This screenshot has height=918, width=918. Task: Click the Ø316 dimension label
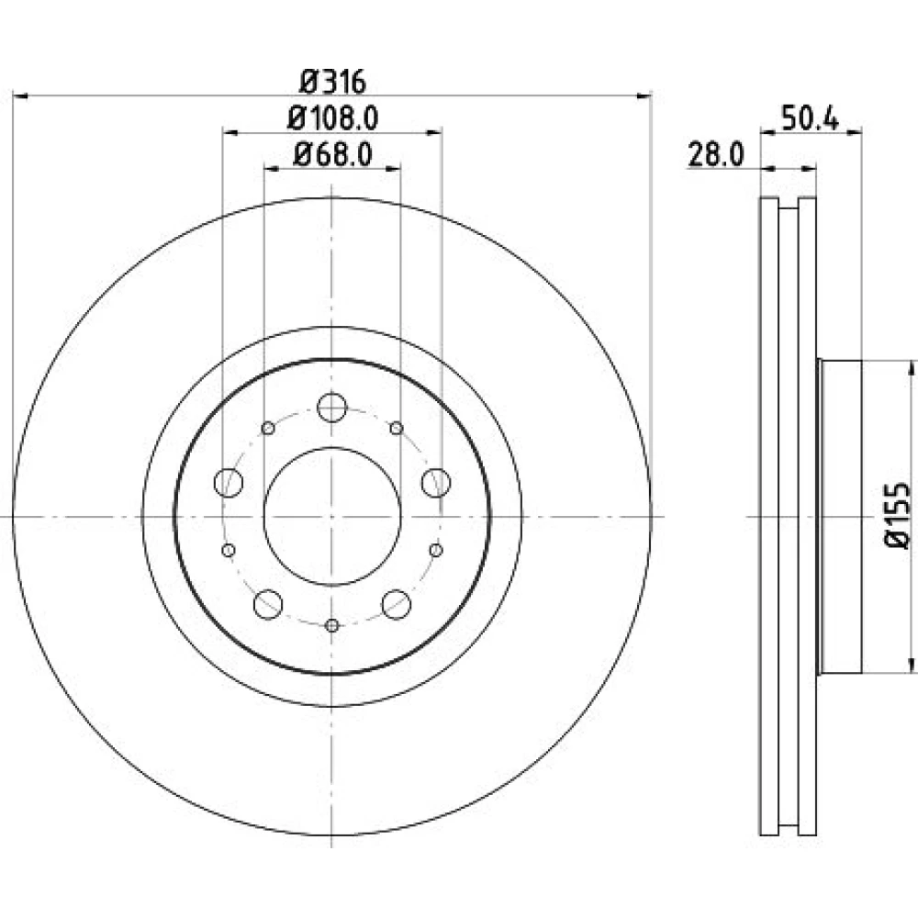(332, 82)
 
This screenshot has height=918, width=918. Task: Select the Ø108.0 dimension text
(332, 118)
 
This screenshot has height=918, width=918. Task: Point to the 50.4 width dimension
(811, 118)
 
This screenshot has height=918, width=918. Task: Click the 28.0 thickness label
(715, 155)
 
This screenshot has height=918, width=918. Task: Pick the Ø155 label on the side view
(898, 516)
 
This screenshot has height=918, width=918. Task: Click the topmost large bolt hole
(332, 408)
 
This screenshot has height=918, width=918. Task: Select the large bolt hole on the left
(229, 483)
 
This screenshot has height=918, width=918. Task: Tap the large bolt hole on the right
(436, 483)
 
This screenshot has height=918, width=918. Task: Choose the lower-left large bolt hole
(268, 604)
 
